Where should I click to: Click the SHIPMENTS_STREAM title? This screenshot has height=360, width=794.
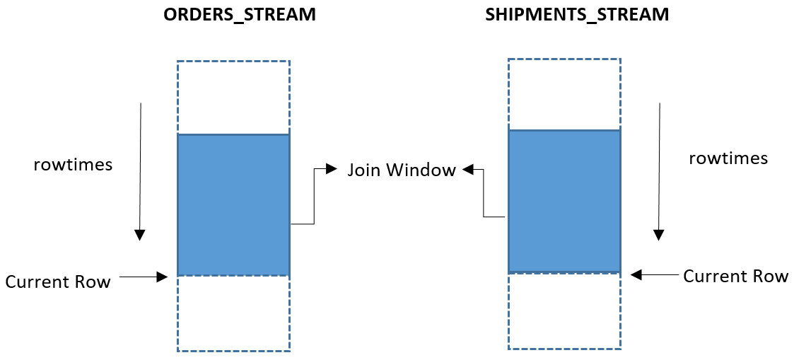tap(577, 15)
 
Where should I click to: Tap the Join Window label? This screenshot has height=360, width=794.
tap(401, 170)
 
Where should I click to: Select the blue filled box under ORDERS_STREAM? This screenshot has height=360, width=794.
tap(233, 204)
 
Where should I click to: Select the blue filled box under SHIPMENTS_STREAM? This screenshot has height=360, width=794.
tap(564, 202)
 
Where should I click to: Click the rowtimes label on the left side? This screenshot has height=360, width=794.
tap(73, 164)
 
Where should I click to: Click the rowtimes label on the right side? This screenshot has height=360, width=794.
tap(728, 158)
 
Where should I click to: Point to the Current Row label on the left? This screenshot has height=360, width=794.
tap(58, 282)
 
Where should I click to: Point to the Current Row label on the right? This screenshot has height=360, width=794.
tap(735, 277)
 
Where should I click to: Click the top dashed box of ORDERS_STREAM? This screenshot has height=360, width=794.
tap(233, 97)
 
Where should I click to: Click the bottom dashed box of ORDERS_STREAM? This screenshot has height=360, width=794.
tap(233, 313)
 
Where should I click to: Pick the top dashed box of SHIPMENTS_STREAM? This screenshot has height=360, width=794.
tap(564, 94)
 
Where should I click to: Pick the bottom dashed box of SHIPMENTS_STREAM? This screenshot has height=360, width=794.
tap(564, 310)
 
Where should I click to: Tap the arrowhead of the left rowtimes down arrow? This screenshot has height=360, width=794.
tap(140, 235)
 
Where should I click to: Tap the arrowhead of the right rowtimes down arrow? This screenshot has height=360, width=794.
tap(659, 235)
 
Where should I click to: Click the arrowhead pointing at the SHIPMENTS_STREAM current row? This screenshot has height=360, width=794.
tap(636, 274)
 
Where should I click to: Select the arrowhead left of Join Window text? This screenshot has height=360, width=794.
tap(332, 169)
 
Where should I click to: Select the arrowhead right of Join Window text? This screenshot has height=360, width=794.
tap(468, 169)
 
